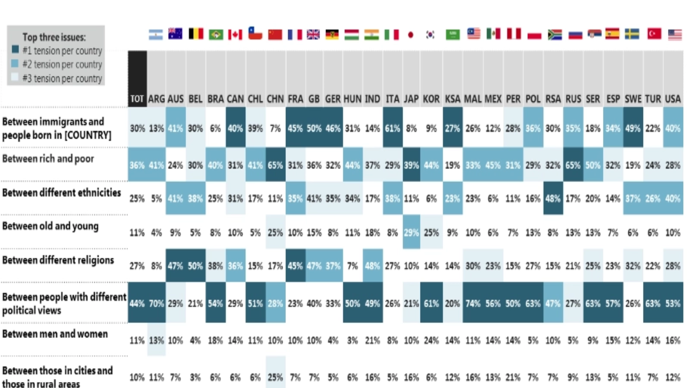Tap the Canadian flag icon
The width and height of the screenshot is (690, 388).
(x=235, y=34)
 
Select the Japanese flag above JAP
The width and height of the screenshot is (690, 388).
(x=411, y=34)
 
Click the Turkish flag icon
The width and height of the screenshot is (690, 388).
(x=654, y=34)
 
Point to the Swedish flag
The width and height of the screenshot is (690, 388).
(x=632, y=34)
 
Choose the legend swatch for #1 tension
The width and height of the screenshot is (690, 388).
(x=16, y=50)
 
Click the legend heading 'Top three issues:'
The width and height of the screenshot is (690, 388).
(x=54, y=37)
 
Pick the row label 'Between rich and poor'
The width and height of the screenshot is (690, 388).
(x=48, y=159)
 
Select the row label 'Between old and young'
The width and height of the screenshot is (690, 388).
(x=50, y=226)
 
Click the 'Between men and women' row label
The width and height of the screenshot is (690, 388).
(x=55, y=334)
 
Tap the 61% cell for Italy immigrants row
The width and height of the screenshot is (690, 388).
(x=392, y=128)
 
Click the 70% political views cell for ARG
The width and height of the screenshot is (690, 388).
(x=156, y=303)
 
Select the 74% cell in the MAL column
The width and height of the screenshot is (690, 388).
(x=473, y=303)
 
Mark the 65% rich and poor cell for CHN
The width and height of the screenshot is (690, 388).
(x=275, y=165)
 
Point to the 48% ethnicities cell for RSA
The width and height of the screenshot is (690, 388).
(x=553, y=198)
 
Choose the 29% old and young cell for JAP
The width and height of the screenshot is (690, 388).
(x=411, y=233)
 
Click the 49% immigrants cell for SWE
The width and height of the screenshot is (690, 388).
(x=633, y=128)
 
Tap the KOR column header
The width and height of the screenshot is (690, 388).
(x=431, y=99)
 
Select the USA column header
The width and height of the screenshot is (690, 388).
(x=673, y=99)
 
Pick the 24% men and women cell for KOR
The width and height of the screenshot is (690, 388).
(x=431, y=340)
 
